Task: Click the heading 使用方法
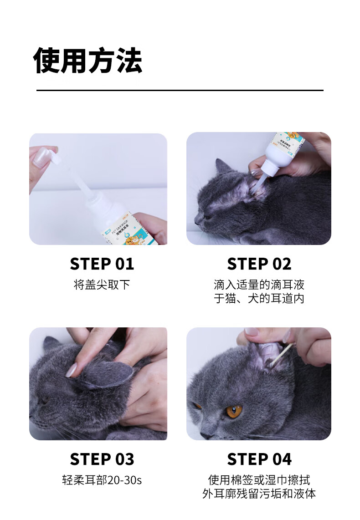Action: pyautogui.click(x=88, y=61)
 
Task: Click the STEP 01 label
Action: pyautogui.click(x=102, y=264)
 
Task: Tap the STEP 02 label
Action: pyautogui.click(x=259, y=264)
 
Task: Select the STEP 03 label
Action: pyautogui.click(x=102, y=459)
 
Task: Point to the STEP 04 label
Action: pyautogui.click(x=259, y=459)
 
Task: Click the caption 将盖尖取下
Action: pyautogui.click(x=102, y=285)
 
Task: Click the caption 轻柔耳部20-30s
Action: pyautogui.click(x=102, y=480)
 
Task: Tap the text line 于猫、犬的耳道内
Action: pyautogui.click(x=259, y=298)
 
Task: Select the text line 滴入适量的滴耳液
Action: pyautogui.click(x=259, y=285)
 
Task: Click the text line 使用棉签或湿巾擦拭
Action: pyautogui.click(x=259, y=480)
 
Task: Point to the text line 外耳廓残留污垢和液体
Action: pyautogui.click(x=259, y=494)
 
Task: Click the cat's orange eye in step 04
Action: pyautogui.click(x=234, y=411)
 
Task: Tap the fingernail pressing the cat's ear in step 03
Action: pyautogui.click(x=72, y=370)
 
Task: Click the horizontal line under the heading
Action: pyautogui.click(x=180, y=90)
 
